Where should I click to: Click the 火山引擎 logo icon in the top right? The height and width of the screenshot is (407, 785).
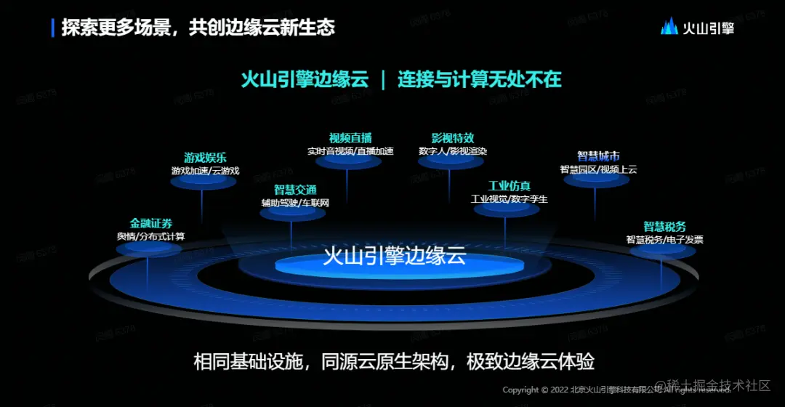click(x=669, y=27)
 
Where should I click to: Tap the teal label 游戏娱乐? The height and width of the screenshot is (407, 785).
click(x=205, y=157)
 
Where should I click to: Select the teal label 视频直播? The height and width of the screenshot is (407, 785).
click(x=350, y=138)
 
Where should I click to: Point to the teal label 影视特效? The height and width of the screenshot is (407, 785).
click(x=453, y=138)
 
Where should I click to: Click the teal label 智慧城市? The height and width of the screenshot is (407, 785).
click(x=598, y=156)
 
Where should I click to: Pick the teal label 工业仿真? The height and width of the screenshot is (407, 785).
click(x=509, y=186)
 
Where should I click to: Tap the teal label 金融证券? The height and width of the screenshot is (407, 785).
click(x=151, y=223)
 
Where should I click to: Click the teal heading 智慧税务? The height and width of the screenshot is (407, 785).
click(x=664, y=227)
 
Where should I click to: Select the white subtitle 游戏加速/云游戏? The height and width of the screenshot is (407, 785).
click(x=205, y=171)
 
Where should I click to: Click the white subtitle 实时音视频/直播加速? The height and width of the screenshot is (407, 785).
click(x=350, y=151)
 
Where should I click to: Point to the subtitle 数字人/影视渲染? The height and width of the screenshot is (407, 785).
click(x=453, y=151)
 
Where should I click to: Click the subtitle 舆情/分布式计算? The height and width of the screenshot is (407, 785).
click(x=151, y=236)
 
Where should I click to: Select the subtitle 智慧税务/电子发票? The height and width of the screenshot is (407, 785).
click(x=664, y=240)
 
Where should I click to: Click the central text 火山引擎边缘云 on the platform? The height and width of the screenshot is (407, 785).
click(x=393, y=257)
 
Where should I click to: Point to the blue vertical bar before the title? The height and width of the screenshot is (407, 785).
click(x=53, y=28)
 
